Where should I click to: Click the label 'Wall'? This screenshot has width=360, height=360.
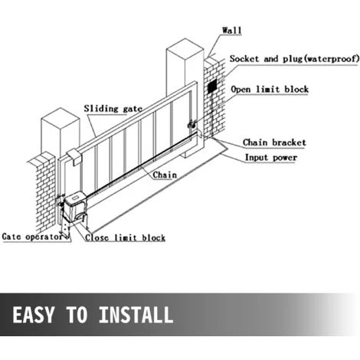[x=231, y=31]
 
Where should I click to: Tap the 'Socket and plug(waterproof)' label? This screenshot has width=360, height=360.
[x=294, y=59]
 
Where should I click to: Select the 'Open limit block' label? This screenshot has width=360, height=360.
[x=270, y=90]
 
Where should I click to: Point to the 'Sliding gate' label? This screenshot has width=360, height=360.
[x=113, y=109]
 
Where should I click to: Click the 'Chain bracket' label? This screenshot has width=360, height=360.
[x=274, y=142]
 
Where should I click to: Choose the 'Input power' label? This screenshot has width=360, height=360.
[x=271, y=158]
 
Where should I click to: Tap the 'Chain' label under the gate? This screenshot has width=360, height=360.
[x=165, y=175]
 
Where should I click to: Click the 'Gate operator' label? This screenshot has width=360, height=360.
[x=32, y=237]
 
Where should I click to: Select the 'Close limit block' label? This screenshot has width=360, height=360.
[x=125, y=237]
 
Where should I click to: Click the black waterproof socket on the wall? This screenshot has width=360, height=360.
[x=212, y=86]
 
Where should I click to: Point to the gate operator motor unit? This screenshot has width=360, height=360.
[x=74, y=207]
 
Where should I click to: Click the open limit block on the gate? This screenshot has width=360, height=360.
[x=191, y=124]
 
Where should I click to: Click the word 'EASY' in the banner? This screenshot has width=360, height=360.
[x=34, y=315]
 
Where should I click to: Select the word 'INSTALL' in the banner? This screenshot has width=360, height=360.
[x=136, y=315]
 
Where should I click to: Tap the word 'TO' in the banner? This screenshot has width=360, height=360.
[x=77, y=315]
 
